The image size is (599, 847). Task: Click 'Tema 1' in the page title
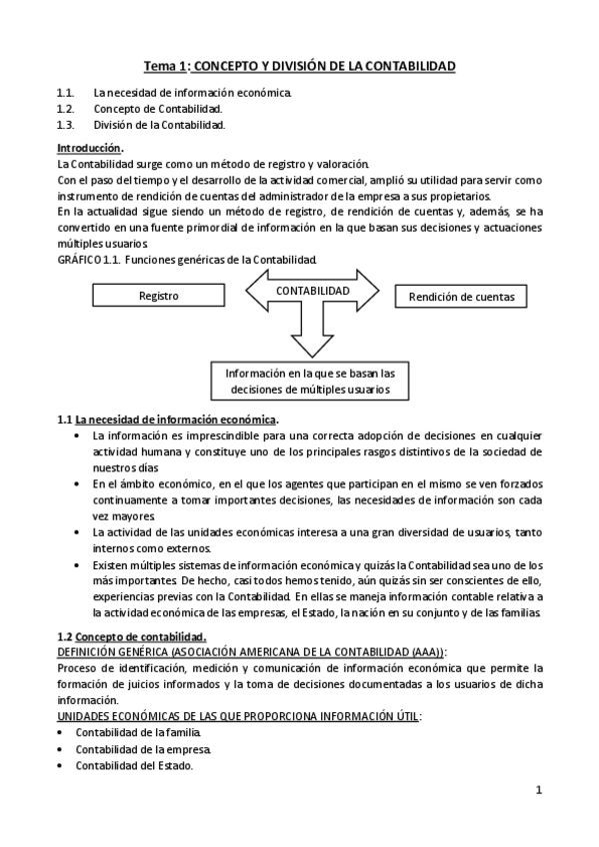[165, 67]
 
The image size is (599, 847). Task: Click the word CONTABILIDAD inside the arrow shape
[312, 291]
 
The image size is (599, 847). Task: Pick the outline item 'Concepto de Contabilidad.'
[158, 109]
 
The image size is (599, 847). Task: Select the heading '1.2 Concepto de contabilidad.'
[132, 636]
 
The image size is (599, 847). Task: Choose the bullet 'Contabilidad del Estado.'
[134, 765]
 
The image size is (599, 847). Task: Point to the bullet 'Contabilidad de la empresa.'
[143, 749]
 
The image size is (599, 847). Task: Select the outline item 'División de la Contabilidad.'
[159, 125]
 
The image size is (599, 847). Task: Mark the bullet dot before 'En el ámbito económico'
[79, 483]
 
